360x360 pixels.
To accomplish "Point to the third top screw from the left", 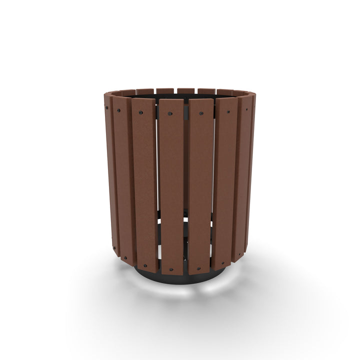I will (140, 112).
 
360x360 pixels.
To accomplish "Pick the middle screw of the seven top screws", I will (170, 114).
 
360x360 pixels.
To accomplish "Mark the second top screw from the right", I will (228, 112).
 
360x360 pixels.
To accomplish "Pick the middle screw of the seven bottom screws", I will (171, 270).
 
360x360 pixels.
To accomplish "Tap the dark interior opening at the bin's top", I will (180, 95).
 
